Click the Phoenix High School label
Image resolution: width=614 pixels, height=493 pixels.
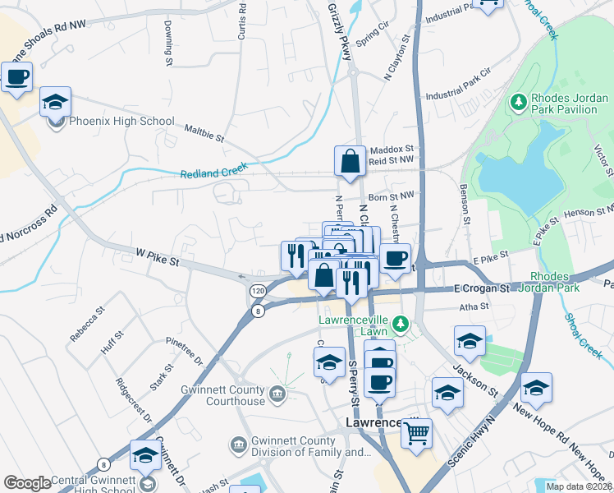121,122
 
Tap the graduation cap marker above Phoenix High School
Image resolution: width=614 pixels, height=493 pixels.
56,103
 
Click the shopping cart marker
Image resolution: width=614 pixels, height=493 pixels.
417,432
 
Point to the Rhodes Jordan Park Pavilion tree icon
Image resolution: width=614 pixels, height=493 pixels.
518,103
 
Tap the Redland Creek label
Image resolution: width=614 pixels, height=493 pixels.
213,172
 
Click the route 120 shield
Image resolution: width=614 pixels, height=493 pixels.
258,292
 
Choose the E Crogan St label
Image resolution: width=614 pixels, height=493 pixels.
483,288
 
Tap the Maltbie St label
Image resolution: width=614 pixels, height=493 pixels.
204,132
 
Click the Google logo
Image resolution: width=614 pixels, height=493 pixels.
27,483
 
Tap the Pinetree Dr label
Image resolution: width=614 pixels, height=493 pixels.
184,350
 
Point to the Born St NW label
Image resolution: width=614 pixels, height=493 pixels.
389,198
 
